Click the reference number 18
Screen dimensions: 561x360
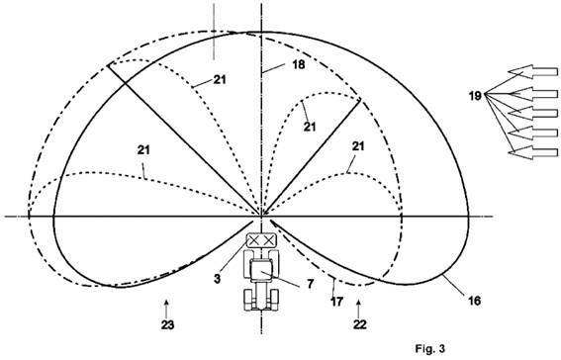[x=299, y=64]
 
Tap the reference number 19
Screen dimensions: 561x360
[x=475, y=96]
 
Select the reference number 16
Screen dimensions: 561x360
[x=474, y=301]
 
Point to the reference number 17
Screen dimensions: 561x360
[x=336, y=302]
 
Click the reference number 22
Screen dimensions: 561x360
[x=360, y=324]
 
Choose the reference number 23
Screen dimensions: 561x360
[x=167, y=325]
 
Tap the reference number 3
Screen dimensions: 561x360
[x=217, y=279]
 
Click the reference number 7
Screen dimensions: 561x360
[x=310, y=284]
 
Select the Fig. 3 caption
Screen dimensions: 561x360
[x=430, y=348]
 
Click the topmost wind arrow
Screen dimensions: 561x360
[x=533, y=70]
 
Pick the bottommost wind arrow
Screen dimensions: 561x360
[x=533, y=152]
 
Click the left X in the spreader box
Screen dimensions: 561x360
[x=253, y=241]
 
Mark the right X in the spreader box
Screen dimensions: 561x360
[x=268, y=241]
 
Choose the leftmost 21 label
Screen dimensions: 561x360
[x=143, y=149]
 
